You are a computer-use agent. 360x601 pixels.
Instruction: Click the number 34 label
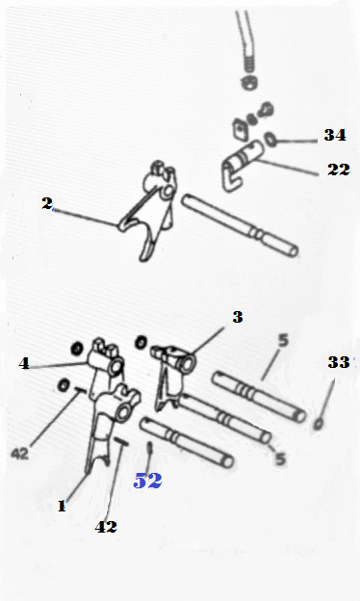click(x=335, y=135)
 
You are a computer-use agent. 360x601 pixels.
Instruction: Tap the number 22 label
click(x=339, y=170)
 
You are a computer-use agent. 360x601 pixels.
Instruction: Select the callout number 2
click(x=47, y=203)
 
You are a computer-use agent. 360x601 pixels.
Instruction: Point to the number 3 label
click(x=238, y=317)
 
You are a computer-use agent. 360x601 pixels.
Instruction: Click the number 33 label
click(x=339, y=362)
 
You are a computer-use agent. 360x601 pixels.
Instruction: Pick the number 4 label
click(x=24, y=363)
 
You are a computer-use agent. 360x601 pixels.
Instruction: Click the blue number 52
click(x=147, y=481)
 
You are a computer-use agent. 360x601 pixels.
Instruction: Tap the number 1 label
click(x=62, y=507)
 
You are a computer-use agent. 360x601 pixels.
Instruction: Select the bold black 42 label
click(x=106, y=527)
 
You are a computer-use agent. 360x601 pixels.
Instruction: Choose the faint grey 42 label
click(x=20, y=454)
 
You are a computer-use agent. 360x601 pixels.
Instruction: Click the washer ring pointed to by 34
click(x=270, y=140)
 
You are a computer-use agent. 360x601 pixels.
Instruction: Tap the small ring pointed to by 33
click(x=318, y=424)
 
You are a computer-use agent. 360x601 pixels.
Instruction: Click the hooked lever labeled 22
click(x=241, y=163)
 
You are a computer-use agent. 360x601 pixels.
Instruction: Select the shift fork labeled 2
click(x=149, y=211)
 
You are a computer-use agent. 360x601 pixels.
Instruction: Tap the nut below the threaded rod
click(x=249, y=83)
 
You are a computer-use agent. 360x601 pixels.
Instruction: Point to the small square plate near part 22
click(x=240, y=129)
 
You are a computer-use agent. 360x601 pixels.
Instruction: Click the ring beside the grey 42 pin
click(x=64, y=385)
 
